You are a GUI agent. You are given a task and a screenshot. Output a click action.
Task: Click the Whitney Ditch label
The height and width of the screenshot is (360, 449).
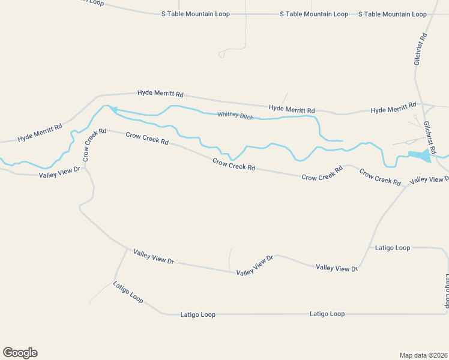235,115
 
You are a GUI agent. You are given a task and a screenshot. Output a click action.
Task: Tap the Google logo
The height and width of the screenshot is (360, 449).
20,353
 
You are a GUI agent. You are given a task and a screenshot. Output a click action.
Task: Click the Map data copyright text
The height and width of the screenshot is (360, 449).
423,355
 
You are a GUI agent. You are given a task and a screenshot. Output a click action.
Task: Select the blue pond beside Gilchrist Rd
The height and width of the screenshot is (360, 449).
420,155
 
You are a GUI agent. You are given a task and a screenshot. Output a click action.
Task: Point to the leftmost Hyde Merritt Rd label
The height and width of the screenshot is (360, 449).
40,132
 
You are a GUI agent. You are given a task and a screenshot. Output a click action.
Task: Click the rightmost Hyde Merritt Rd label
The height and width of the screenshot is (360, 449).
393,108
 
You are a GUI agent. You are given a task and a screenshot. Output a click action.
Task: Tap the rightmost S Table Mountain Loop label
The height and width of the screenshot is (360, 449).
392,14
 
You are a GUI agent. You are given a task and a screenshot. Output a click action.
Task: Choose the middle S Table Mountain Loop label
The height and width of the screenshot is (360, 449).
314,14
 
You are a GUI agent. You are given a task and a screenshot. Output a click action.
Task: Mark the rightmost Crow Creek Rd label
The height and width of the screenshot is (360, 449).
380,176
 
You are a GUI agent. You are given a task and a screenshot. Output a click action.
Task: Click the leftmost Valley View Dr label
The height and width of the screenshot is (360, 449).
59,173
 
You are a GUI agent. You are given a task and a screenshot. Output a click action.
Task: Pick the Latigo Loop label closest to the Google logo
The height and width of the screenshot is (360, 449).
128,292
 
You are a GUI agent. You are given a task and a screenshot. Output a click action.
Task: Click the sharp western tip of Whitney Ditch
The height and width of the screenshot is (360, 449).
109,108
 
